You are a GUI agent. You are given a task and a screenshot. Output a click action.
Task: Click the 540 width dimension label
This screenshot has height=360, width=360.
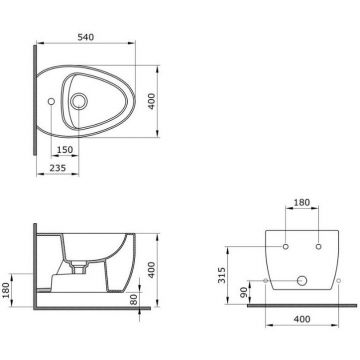point(86,37)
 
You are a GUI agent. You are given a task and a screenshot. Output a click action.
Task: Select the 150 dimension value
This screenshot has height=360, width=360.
point(65,150)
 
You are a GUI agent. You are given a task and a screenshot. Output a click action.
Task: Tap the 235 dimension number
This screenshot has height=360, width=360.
point(58,168)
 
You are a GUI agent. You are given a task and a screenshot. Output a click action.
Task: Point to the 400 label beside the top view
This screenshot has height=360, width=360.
point(151,101)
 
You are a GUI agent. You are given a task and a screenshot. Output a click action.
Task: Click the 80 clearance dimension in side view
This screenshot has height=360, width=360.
point(134,299)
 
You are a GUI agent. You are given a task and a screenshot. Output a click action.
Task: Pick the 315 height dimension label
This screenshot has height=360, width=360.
point(222,275)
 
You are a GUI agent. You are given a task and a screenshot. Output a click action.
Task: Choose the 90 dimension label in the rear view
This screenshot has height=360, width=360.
point(244,292)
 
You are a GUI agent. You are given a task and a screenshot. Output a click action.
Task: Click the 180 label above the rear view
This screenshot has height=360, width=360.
point(302,202)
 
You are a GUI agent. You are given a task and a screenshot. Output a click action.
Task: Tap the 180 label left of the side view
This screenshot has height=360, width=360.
point(6,290)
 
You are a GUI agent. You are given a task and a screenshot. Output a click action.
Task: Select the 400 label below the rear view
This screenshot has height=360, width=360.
point(302,319)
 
